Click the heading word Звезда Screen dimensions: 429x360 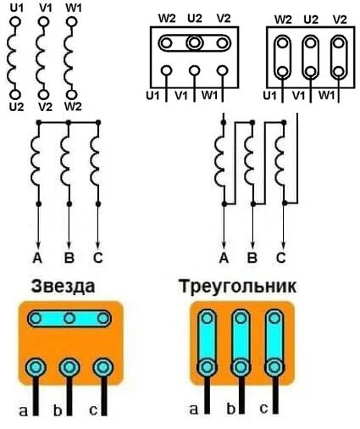pos(63,287)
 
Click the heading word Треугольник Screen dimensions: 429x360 pos(239,287)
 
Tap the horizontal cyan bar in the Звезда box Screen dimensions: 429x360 pos(70,319)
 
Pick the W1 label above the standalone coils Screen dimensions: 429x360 pos(73,8)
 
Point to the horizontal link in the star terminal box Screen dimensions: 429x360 pos(195,41)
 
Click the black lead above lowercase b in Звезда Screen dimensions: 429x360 pos(70,394)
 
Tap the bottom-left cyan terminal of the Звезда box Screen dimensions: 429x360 pos(36,367)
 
